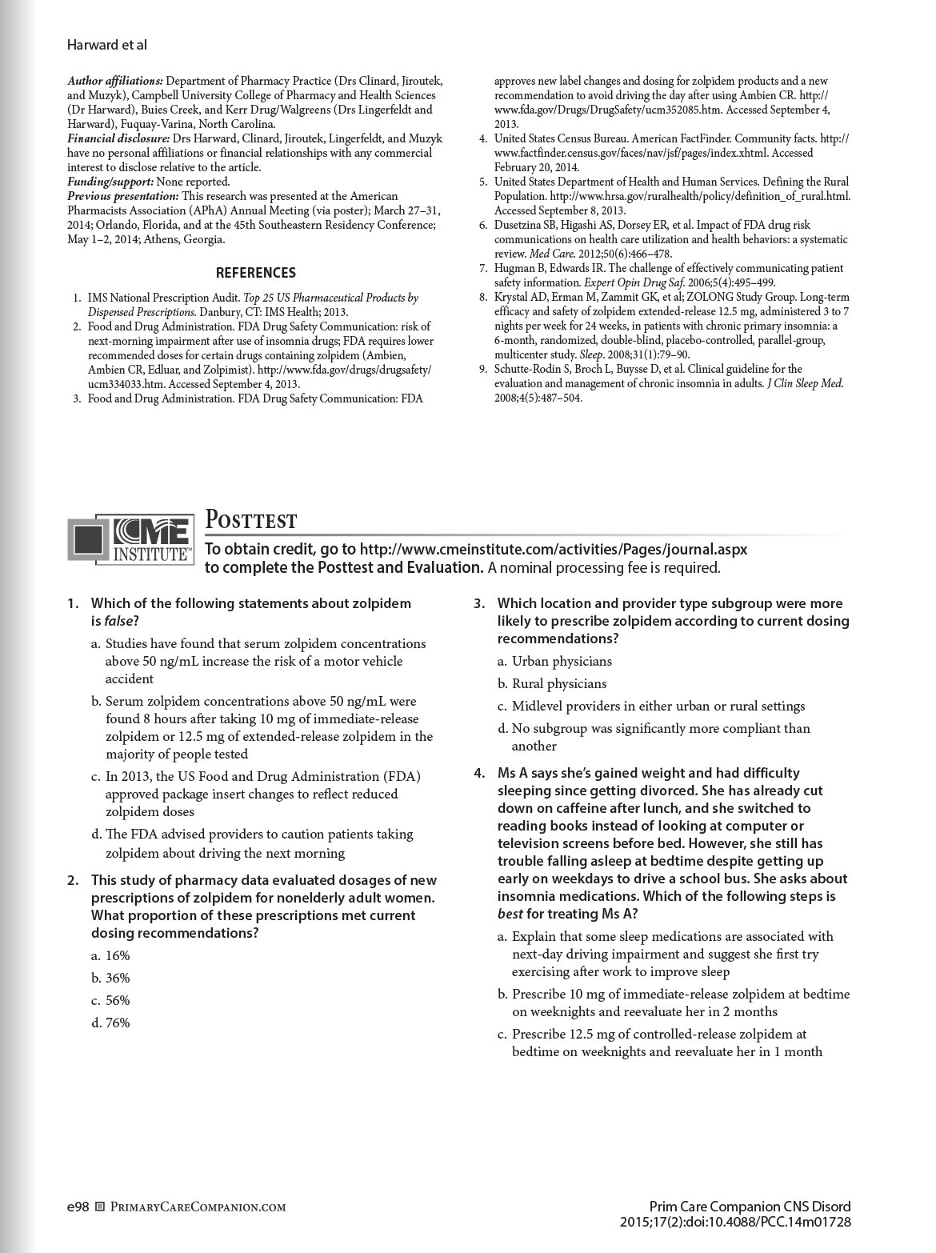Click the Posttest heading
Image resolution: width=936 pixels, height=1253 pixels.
point(251,521)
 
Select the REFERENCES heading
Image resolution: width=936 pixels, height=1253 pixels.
point(255,273)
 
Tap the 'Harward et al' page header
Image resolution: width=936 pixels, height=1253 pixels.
point(107,46)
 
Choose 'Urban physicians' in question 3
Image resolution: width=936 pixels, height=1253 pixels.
point(562,661)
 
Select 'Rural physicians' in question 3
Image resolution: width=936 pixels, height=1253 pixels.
point(558,683)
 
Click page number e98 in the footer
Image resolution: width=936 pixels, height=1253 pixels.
point(78,1207)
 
